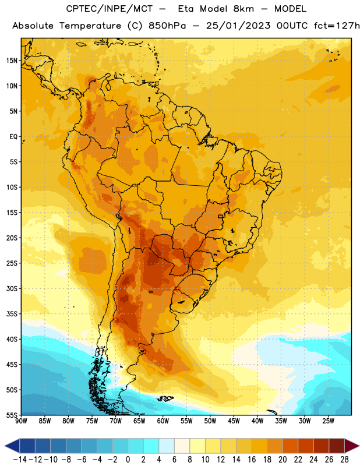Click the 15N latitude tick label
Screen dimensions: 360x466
click(12, 61)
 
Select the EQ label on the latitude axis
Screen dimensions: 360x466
click(13, 137)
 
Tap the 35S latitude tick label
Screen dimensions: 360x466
click(12, 314)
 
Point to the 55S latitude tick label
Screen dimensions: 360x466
click(12, 415)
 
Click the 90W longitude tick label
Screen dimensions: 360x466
click(21, 421)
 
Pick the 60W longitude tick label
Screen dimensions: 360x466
click(163, 421)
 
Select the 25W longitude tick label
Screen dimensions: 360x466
click(328, 421)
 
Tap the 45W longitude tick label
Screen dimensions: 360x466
click(234, 421)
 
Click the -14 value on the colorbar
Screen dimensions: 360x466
click(20, 460)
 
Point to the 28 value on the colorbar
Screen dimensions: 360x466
click(344, 460)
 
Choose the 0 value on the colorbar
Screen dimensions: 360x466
click(128, 460)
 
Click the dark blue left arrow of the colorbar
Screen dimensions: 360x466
click(12, 446)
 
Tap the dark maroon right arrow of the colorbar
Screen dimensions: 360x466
click(352, 446)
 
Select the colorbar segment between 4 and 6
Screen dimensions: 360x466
click(167, 446)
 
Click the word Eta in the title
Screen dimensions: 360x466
click(186, 9)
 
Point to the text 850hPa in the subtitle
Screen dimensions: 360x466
click(167, 26)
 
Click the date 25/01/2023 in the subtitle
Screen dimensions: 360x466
click(238, 26)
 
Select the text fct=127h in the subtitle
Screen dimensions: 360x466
click(337, 26)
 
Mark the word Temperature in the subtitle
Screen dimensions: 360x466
click(90, 26)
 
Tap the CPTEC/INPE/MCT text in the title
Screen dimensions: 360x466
click(109, 9)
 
